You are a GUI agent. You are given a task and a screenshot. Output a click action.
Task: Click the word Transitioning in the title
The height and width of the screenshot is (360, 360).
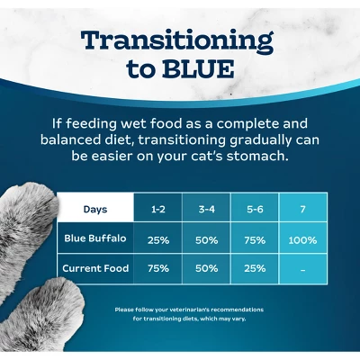point(176,41)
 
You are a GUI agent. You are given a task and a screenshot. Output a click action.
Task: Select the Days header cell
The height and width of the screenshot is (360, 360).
point(95,210)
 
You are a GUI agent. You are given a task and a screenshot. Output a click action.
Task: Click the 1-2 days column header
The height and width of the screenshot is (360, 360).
point(157,210)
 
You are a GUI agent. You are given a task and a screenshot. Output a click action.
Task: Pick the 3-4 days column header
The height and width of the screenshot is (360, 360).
point(206,210)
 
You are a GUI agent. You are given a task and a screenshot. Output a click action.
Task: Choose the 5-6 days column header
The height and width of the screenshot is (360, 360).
point(255,210)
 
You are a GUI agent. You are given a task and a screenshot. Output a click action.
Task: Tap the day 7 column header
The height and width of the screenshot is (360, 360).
point(303,210)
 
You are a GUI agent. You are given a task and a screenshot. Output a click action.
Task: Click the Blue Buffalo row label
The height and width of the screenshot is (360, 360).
point(95,239)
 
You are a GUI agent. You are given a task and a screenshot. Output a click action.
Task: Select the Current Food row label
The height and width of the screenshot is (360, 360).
point(95,268)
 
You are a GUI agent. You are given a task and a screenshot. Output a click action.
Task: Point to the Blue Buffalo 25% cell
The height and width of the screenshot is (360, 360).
point(157,240)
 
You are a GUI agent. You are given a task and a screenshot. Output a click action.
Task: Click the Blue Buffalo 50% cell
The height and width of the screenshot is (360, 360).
point(206,240)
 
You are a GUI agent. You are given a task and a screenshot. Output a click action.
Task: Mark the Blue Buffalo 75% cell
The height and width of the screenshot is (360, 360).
point(255,240)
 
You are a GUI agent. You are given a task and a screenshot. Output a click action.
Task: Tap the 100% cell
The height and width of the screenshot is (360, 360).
point(303,240)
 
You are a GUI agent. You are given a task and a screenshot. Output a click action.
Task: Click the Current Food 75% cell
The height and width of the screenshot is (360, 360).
point(157,268)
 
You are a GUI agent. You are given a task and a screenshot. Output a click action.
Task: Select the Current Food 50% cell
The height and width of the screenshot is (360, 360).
point(206,268)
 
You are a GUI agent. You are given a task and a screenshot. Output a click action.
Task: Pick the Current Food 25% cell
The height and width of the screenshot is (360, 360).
point(255,268)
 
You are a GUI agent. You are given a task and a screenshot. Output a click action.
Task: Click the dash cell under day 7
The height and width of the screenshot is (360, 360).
point(303,268)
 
